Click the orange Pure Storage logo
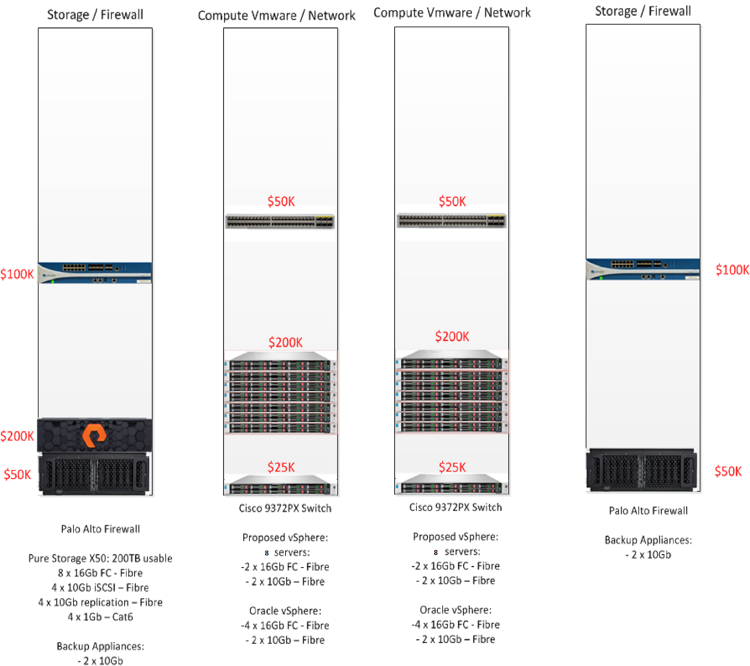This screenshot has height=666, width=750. click(x=94, y=435)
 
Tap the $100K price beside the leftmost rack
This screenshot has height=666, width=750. click(x=17, y=274)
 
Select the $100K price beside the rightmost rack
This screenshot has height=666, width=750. click(x=732, y=270)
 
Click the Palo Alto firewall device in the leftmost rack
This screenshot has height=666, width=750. click(x=95, y=273)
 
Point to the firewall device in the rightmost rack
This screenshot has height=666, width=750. click(x=643, y=269)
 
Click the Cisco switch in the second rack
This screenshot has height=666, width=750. click(x=280, y=221)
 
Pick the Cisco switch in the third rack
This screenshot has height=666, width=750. click(x=451, y=220)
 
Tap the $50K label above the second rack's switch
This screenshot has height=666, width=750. click(x=281, y=202)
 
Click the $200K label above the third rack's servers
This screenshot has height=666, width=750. click(x=452, y=337)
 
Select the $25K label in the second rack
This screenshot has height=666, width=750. click(x=281, y=467)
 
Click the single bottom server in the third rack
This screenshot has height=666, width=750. click(x=451, y=485)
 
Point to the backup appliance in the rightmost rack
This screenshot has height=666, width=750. click(x=642, y=470)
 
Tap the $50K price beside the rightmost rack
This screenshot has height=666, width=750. click(x=728, y=471)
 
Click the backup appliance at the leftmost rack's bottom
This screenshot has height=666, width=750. click(x=95, y=474)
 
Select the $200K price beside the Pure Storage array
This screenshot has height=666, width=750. click(x=17, y=436)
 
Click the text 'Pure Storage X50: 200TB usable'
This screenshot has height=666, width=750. click(x=100, y=558)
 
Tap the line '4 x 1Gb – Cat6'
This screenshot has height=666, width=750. click(x=100, y=617)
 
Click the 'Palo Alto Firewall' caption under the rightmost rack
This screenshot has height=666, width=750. click(x=648, y=511)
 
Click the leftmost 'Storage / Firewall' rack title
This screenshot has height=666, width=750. click(x=95, y=15)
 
